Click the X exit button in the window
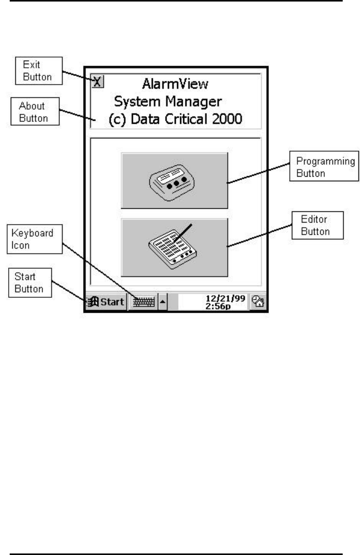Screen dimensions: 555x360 point(97,81)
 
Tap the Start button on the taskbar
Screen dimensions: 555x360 point(106,302)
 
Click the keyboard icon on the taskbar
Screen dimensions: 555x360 point(143,302)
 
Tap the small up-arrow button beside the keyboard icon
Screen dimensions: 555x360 point(162,302)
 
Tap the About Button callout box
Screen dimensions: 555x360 point(34,112)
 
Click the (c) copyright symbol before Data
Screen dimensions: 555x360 point(116,120)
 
